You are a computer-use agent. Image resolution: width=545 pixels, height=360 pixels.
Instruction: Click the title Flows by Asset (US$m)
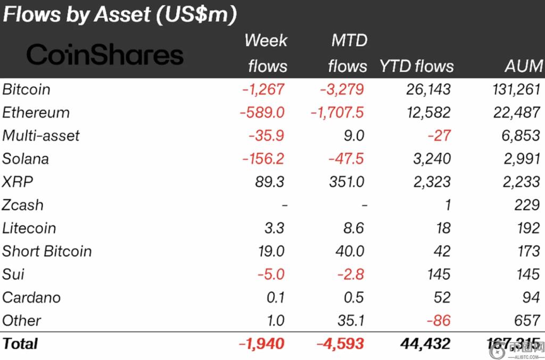119,14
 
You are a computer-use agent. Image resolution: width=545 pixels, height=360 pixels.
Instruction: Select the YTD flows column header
416,66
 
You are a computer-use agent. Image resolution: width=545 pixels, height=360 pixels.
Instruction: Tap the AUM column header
524,66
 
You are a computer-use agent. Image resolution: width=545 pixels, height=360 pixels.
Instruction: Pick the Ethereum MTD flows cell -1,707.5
337,113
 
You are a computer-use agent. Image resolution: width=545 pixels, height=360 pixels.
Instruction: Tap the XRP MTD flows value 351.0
346,182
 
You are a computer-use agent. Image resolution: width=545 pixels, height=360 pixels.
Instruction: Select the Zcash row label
23,205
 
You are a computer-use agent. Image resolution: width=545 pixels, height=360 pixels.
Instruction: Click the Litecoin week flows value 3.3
274,228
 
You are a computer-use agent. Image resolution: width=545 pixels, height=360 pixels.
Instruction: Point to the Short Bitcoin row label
47,251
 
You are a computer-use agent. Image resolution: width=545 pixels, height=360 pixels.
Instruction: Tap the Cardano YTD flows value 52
442,297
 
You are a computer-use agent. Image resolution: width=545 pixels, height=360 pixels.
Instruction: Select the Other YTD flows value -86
439,320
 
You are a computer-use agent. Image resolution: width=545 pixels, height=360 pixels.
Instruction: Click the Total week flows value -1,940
261,343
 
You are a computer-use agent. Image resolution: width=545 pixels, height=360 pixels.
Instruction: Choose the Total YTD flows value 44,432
424,343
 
